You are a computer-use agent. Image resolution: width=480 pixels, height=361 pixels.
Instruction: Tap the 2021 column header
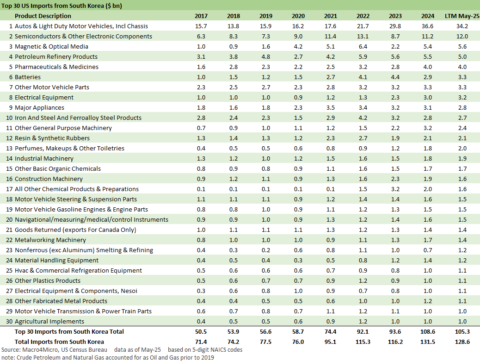(331, 16)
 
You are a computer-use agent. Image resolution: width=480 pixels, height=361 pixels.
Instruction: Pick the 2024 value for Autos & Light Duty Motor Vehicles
(428, 26)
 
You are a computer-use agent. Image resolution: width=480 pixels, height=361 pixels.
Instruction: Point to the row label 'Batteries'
(28, 77)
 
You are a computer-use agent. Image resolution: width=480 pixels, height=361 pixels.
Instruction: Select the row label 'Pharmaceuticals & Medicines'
(56, 67)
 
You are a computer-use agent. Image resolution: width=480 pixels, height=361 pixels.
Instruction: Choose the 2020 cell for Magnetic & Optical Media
(298, 46)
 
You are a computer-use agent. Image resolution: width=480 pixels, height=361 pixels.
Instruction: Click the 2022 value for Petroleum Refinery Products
(363, 56)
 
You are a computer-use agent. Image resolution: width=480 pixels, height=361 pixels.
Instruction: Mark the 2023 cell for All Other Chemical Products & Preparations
(395, 189)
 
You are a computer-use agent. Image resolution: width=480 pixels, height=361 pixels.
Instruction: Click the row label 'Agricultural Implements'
(49, 321)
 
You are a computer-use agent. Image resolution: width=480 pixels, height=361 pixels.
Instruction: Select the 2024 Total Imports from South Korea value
(427, 342)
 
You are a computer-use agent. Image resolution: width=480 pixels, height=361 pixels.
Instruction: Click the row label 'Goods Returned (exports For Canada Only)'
(75, 230)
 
